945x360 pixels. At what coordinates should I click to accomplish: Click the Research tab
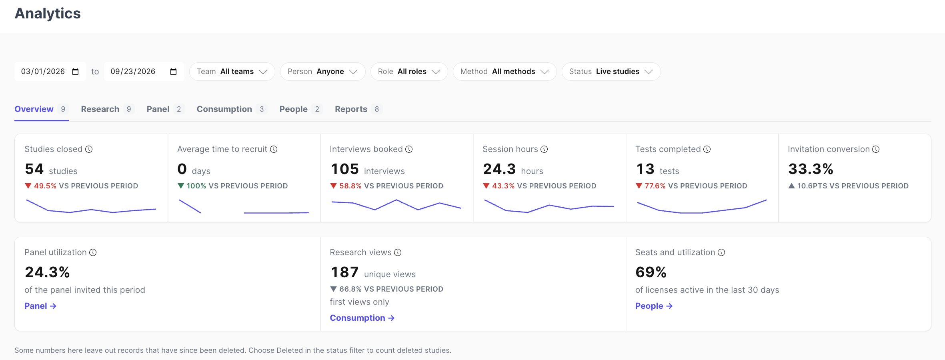point(107,109)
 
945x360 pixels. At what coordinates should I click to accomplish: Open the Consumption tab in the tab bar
point(232,109)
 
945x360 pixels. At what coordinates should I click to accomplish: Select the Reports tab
point(358,109)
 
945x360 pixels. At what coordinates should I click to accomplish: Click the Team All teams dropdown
point(232,72)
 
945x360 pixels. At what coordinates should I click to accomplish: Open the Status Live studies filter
point(611,72)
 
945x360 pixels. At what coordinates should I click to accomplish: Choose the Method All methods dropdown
point(505,72)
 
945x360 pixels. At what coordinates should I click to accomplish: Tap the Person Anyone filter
point(322,72)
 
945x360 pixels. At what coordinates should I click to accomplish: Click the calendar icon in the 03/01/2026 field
point(76,72)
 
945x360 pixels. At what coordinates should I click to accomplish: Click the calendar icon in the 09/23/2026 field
point(173,72)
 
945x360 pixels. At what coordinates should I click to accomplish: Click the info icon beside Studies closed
point(89,149)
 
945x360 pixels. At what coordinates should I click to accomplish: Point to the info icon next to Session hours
point(544,149)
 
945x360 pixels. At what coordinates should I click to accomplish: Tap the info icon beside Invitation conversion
point(876,149)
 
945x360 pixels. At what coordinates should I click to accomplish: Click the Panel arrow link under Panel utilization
point(40,306)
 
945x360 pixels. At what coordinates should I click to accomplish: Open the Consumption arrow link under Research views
point(362,318)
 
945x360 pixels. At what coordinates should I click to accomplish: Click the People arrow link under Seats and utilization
point(654,306)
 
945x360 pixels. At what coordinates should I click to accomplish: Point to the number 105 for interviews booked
point(345,169)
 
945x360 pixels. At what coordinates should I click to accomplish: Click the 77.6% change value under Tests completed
point(655,186)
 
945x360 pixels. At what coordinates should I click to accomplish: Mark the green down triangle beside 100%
point(181,186)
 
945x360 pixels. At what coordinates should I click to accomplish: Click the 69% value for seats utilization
point(651,272)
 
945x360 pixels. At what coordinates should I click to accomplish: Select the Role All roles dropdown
point(409,72)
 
